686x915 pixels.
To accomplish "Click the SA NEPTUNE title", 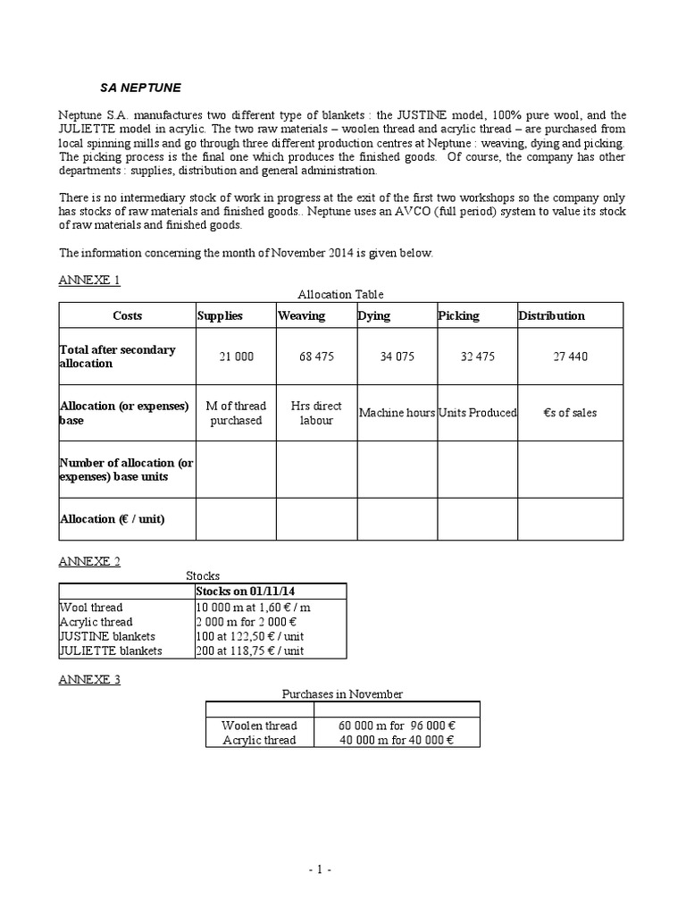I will click(139, 88).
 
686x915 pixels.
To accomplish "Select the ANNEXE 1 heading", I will click(89, 280).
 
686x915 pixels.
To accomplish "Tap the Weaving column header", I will click(302, 315).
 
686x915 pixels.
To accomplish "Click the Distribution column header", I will click(552, 315).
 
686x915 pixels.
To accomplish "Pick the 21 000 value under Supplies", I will click(236, 357).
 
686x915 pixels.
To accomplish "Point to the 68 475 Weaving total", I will click(316, 357).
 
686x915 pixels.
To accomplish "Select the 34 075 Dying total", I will click(397, 357).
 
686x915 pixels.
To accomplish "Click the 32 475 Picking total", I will click(477, 357).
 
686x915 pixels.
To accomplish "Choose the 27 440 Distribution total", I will click(570, 357).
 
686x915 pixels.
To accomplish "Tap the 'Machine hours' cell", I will click(397, 413).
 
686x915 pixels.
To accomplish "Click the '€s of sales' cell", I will click(570, 413).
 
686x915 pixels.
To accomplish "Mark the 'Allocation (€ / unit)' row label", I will click(113, 519).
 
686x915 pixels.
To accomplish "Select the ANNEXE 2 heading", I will click(89, 561).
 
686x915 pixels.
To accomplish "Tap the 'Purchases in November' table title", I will click(342, 694).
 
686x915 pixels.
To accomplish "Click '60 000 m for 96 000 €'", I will click(397, 726).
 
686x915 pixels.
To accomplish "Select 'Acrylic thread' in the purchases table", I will click(259, 740).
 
